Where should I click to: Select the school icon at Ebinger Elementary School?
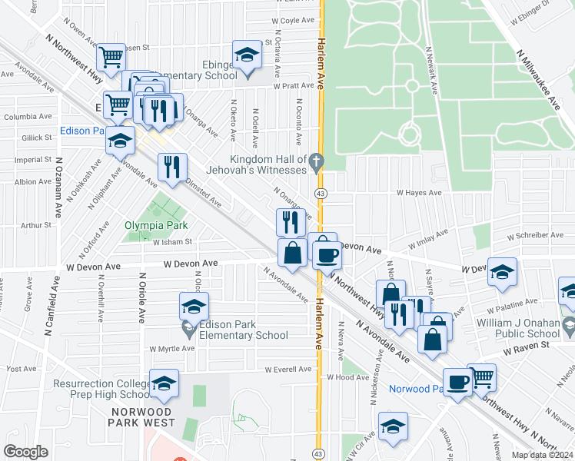click(247, 55)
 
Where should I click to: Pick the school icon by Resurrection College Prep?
click(164, 383)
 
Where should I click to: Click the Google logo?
click(25, 451)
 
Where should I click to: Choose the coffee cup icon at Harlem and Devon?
click(326, 254)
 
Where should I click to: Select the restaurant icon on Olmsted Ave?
click(171, 167)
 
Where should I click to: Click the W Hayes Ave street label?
click(419, 193)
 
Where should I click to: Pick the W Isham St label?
click(171, 242)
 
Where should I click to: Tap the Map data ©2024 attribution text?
click(542, 455)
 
